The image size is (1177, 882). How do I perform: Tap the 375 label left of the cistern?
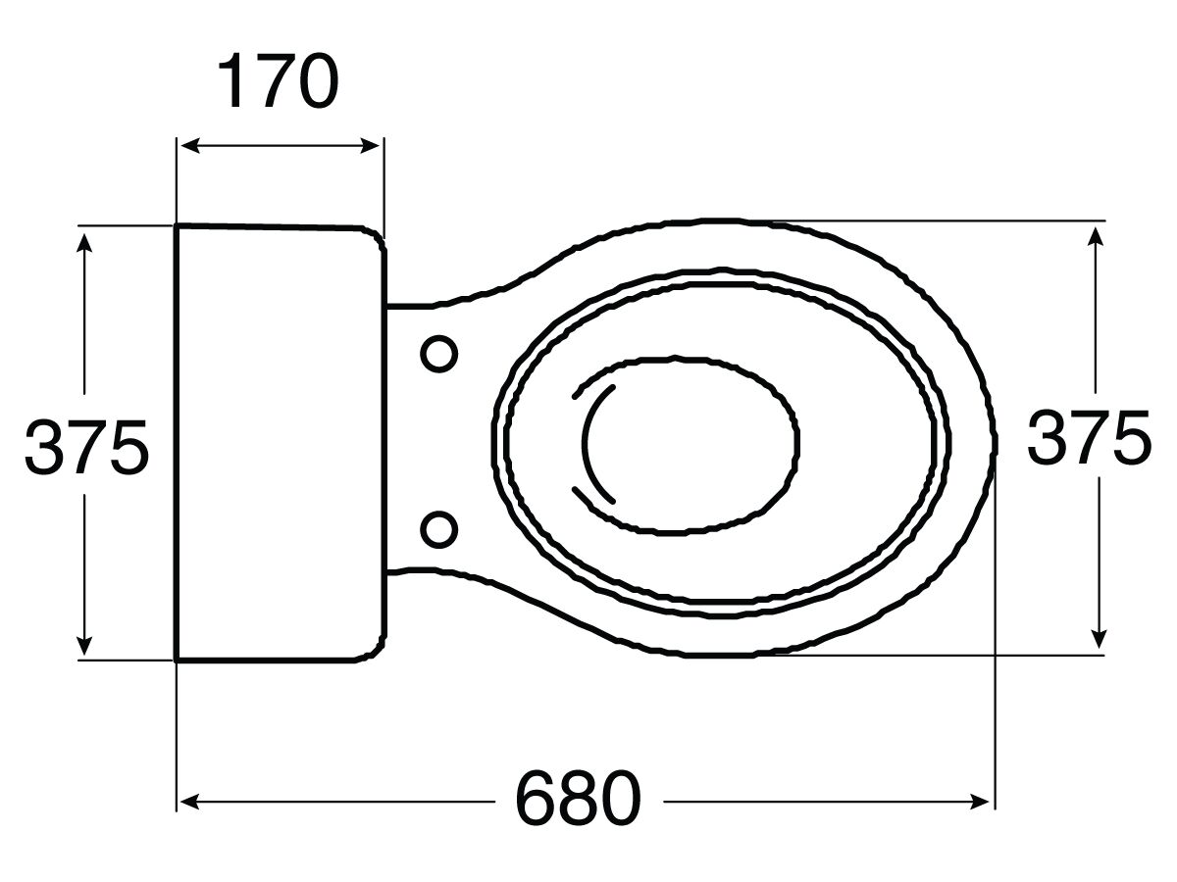86,447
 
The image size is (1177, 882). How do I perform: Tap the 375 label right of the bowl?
1089,437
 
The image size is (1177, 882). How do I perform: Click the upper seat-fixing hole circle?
438,353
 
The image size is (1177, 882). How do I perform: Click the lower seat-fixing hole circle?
438,529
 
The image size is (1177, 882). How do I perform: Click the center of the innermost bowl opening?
687,444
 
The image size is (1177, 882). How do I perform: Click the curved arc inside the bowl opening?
588,443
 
